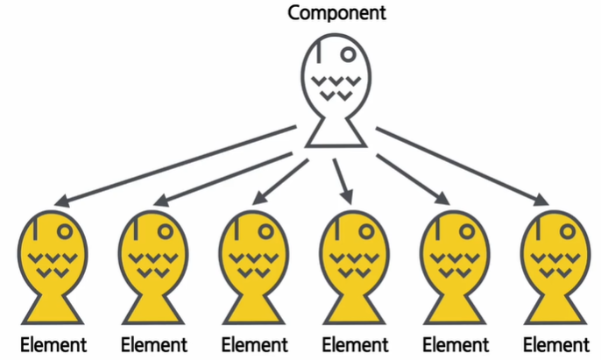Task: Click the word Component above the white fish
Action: (336, 14)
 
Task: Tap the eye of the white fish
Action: (348, 54)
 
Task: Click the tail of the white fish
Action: (336, 132)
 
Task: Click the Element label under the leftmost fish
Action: (53, 343)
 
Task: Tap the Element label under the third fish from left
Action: (255, 343)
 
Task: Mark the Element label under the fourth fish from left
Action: (356, 343)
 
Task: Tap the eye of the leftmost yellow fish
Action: (64, 232)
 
